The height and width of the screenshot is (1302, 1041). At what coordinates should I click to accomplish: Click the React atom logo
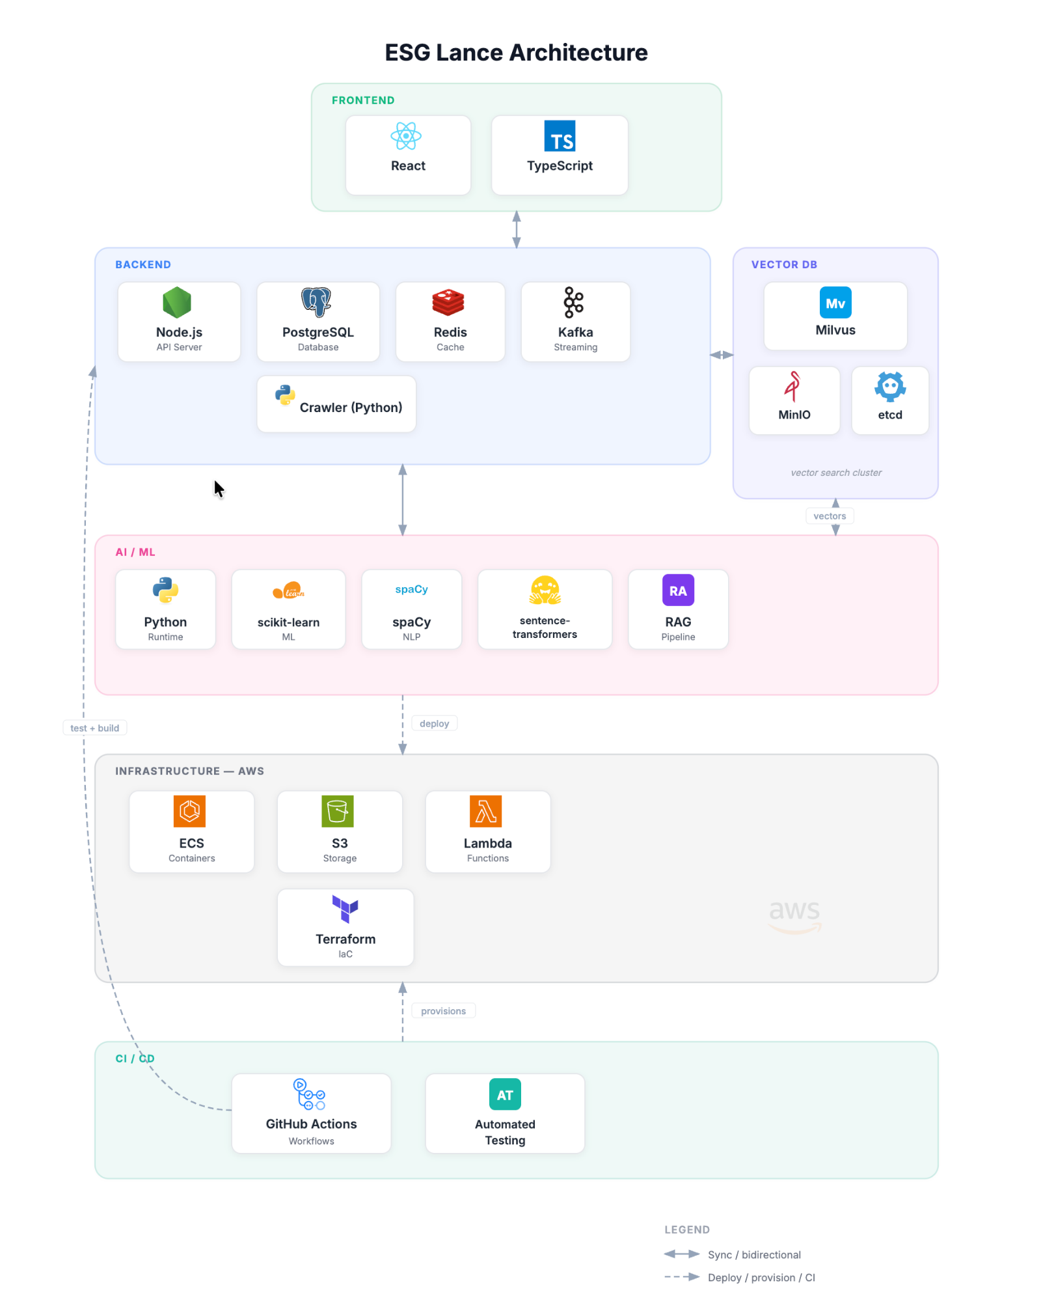pyautogui.click(x=406, y=136)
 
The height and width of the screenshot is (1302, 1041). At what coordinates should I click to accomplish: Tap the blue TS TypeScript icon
pyautogui.click(x=560, y=136)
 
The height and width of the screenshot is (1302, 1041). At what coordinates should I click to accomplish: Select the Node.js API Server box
pyautogui.click(x=179, y=322)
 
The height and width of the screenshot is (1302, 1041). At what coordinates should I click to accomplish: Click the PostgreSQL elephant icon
pyautogui.click(x=316, y=302)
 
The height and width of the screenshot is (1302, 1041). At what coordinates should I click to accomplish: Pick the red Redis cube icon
pyautogui.click(x=448, y=302)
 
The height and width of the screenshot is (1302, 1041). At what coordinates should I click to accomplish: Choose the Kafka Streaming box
pyautogui.click(x=575, y=322)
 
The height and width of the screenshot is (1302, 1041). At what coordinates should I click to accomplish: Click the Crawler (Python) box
pyautogui.click(x=336, y=404)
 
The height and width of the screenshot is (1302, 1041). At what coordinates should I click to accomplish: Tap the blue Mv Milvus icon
pyautogui.click(x=835, y=303)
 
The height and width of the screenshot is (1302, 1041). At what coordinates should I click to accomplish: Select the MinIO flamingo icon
pyautogui.click(x=792, y=386)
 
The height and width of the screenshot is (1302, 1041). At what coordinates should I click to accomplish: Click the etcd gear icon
pyautogui.click(x=889, y=386)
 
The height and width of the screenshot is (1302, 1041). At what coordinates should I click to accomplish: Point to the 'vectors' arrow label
pyautogui.click(x=829, y=516)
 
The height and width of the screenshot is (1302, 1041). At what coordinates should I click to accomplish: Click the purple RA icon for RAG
pyautogui.click(x=678, y=590)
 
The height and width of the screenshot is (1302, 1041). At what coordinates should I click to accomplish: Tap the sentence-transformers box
pyautogui.click(x=545, y=609)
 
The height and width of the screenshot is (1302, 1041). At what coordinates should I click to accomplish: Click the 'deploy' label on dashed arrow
pyautogui.click(x=434, y=723)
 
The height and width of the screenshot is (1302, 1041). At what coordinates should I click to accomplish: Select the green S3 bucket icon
pyautogui.click(x=338, y=811)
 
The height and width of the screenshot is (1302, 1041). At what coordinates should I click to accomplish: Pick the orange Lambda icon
pyautogui.click(x=486, y=811)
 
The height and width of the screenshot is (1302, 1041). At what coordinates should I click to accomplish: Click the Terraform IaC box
pyautogui.click(x=345, y=927)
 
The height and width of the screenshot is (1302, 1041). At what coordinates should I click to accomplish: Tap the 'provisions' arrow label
pyautogui.click(x=443, y=1011)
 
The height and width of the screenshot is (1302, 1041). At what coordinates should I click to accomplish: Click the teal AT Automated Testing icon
pyautogui.click(x=505, y=1094)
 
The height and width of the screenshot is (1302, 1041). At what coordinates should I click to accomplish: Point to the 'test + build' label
pyautogui.click(x=95, y=728)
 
